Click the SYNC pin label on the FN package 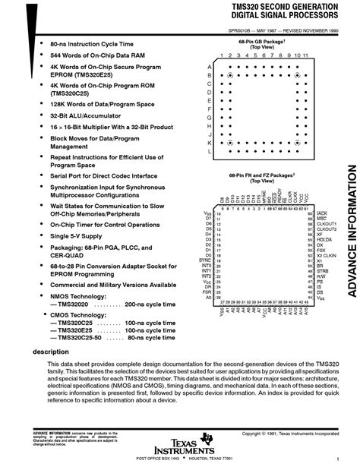click(207, 260)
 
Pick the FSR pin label click(207, 291)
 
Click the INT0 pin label click(207, 265)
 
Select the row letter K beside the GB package click(208, 142)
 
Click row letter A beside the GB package click(208, 67)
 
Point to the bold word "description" click(50, 352)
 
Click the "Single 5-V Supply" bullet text click(76, 236)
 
